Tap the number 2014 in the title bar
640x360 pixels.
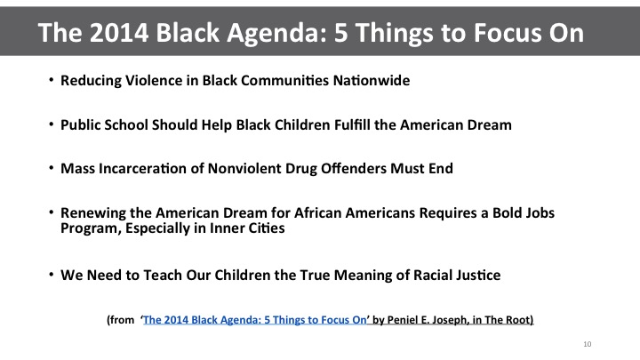coord(119,32)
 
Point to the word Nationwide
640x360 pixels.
coord(372,80)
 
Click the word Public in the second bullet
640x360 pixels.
coord(80,125)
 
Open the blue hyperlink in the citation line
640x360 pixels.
coord(255,320)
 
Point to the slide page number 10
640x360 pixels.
coord(588,344)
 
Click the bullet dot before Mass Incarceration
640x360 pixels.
coord(52,167)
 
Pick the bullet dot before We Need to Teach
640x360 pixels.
coord(52,274)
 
